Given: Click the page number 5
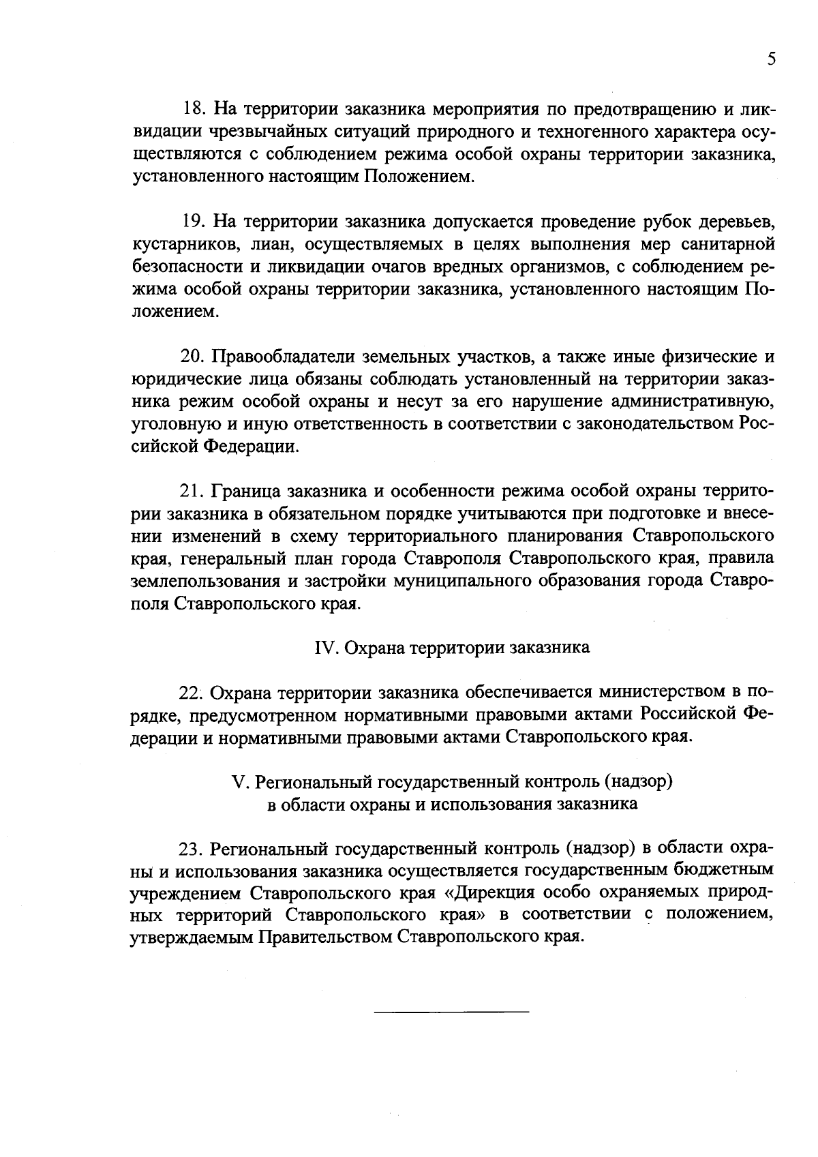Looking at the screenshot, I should click(771, 59).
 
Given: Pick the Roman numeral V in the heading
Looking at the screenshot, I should click(238, 781).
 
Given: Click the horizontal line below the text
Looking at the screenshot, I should click(451, 1010).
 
